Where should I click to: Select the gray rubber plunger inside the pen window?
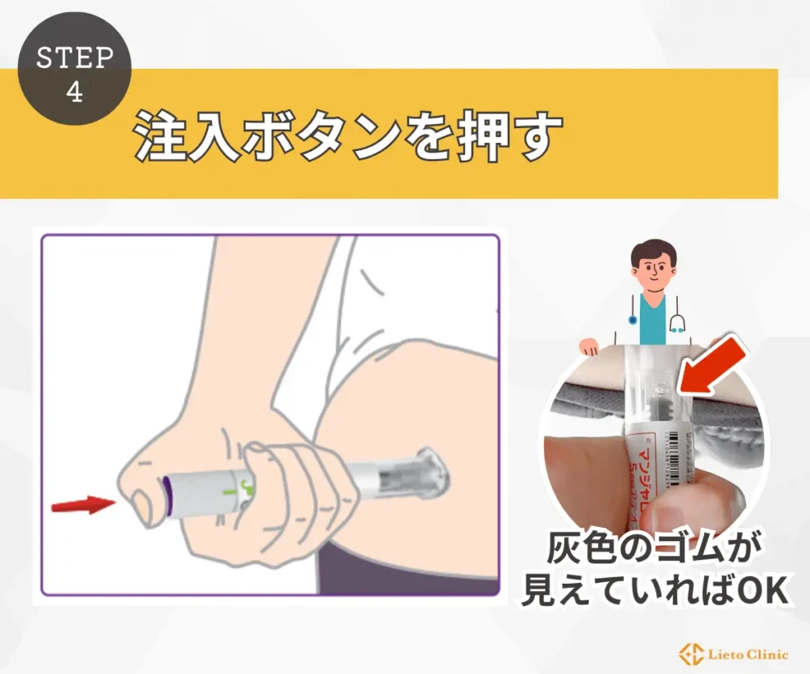coord(656,408)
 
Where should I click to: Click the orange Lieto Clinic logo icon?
coord(689,653)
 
